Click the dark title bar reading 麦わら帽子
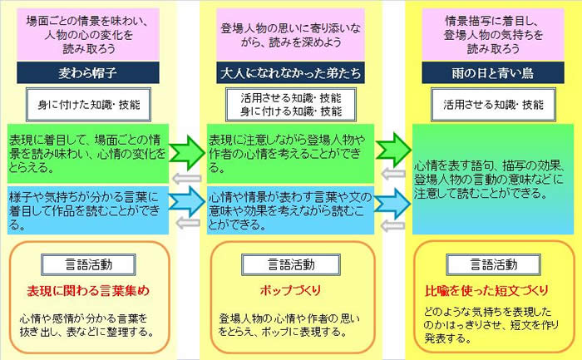(88, 72)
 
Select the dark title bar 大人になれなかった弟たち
(290, 72)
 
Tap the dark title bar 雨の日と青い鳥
(493, 72)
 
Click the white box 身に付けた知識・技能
(88, 105)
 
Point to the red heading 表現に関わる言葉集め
(88, 291)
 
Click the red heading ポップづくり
(291, 291)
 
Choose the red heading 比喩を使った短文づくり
(486, 291)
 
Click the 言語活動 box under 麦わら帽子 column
(88, 264)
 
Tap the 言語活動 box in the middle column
(291, 264)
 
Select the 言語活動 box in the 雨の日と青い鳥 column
(493, 264)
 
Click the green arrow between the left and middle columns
(187, 152)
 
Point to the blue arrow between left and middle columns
(187, 201)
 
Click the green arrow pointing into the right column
(393, 150)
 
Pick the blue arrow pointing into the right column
(392, 204)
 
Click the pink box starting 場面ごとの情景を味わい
(88, 35)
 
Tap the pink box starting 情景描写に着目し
(493, 35)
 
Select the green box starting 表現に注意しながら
(290, 154)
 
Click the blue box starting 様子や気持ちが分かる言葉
(88, 210)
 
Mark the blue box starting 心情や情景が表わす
(290, 210)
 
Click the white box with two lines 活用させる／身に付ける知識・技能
(291, 105)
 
